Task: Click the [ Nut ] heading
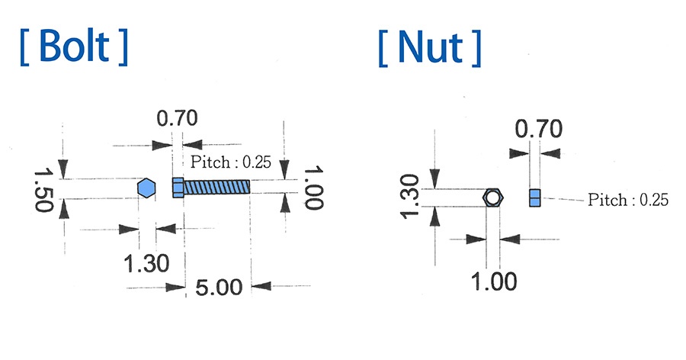[x=429, y=47]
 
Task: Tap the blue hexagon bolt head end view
[x=146, y=188]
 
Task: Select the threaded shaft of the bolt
[x=217, y=188]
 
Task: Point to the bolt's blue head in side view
[x=178, y=188]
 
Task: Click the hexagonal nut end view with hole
[x=494, y=198]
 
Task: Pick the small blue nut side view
[x=535, y=198]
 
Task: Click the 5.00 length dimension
[x=219, y=288]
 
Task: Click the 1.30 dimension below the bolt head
[x=146, y=264]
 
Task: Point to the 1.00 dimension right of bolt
[x=313, y=188]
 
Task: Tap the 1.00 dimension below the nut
[x=494, y=281]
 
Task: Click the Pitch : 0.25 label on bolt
[x=231, y=162]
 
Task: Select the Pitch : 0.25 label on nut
[x=628, y=200]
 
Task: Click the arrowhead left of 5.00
[x=179, y=288]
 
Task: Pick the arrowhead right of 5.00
[x=259, y=288]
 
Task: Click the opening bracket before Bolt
[x=27, y=47]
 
